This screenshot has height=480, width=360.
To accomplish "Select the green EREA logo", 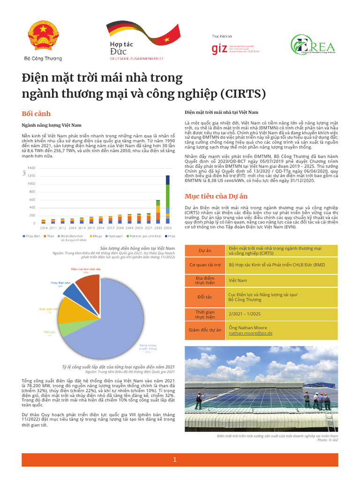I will [x=313, y=46].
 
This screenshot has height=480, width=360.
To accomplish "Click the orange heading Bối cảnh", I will [x=37, y=114].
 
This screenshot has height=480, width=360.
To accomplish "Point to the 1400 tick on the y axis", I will [x=32, y=168].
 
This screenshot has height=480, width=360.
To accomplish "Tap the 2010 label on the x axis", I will [x=43, y=227].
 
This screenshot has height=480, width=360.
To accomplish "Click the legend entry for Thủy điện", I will [x=31, y=236].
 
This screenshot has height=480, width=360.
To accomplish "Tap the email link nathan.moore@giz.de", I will [x=250, y=333].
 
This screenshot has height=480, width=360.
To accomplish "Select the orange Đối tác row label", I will [x=204, y=297].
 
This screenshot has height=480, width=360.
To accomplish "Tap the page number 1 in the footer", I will [x=174, y=460].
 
